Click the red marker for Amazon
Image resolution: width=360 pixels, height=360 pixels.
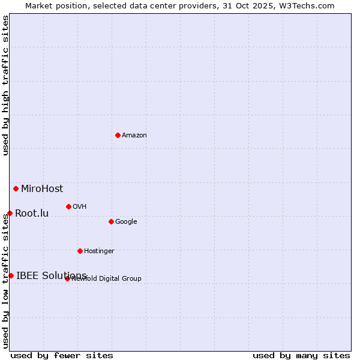pyautogui.click(x=118, y=135)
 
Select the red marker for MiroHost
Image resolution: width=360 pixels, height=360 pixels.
pyautogui.click(x=16, y=188)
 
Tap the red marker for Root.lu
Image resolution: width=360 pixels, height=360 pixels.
pyautogui.click(x=10, y=213)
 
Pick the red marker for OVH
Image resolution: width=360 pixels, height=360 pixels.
pyautogui.click(x=68, y=206)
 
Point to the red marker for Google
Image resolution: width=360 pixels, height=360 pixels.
pyautogui.click(x=111, y=221)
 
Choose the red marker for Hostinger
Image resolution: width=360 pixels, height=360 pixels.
pyautogui.click(x=80, y=251)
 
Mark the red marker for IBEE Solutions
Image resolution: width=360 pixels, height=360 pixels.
pyautogui.click(x=11, y=275)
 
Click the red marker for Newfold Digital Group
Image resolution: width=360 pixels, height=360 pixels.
pyautogui.click(x=67, y=278)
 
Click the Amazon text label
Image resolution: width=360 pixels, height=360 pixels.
pyautogui.click(x=134, y=136)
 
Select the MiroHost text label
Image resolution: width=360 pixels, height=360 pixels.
pyautogui.click(x=42, y=189)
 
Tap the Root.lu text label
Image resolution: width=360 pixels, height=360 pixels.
pyautogui.click(x=32, y=214)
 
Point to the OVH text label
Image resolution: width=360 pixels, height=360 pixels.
pyautogui.click(x=80, y=207)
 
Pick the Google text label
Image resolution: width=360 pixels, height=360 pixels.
pyautogui.click(x=126, y=222)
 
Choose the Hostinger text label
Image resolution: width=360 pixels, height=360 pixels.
pyautogui.click(x=99, y=251)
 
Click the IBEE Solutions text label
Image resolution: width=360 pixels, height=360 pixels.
pyautogui.click(x=52, y=276)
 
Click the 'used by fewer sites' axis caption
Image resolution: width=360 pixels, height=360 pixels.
pyautogui.click(x=62, y=356)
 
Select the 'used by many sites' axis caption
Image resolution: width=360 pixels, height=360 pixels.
pyautogui.click(x=301, y=356)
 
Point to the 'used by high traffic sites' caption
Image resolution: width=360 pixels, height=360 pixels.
pyautogui.click(x=6, y=85)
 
